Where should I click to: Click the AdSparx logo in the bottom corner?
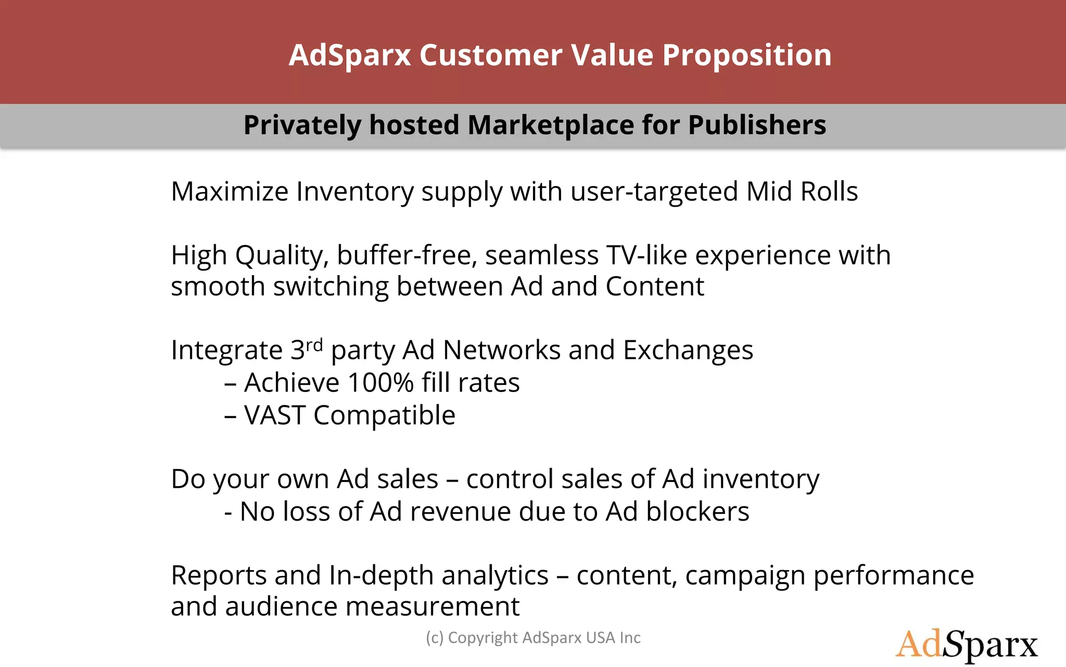(x=966, y=645)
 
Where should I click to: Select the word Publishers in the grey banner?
(x=757, y=125)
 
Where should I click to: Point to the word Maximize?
(x=230, y=191)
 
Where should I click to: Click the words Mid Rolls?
(x=802, y=191)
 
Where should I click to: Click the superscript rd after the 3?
(x=314, y=344)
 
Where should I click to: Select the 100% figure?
(x=380, y=382)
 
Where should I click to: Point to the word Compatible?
(x=384, y=415)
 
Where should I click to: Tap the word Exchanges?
(x=688, y=350)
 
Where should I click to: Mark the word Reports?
(x=219, y=575)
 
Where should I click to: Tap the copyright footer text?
(x=533, y=638)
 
